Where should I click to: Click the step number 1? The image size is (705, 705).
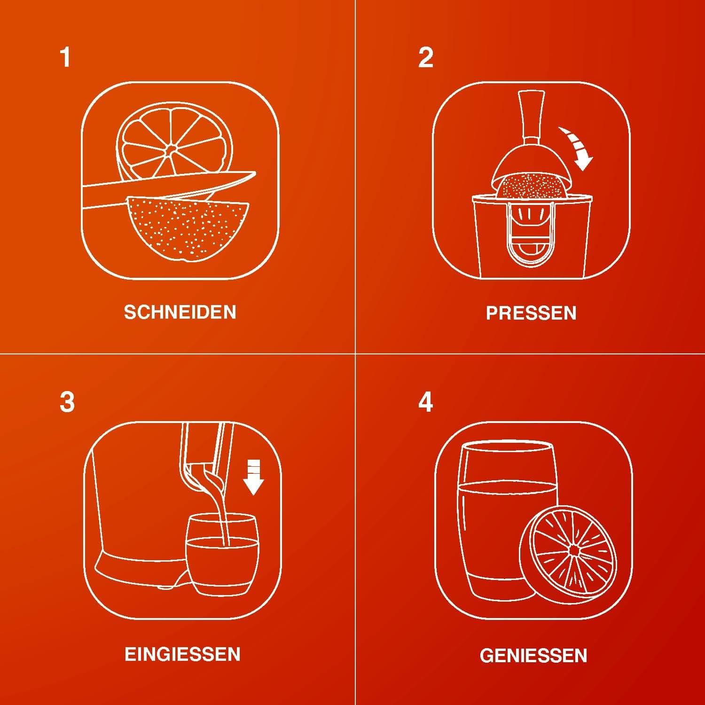point(66,58)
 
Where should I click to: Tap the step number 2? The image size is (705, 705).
point(426,58)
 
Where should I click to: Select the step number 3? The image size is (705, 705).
point(67,402)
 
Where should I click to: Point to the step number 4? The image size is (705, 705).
point(426,402)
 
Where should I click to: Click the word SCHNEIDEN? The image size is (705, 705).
point(180,313)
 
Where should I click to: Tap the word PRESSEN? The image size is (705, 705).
point(531,313)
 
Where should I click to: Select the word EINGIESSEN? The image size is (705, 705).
point(182,654)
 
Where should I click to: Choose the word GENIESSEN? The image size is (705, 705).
point(533,655)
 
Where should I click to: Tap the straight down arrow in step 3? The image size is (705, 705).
point(254,477)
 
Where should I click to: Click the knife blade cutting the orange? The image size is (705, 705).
point(169,189)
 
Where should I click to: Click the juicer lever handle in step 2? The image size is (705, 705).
point(531,115)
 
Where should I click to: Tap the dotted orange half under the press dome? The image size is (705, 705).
point(531,188)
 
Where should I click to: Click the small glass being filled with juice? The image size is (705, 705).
point(222,555)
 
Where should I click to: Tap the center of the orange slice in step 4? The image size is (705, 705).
point(573,550)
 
